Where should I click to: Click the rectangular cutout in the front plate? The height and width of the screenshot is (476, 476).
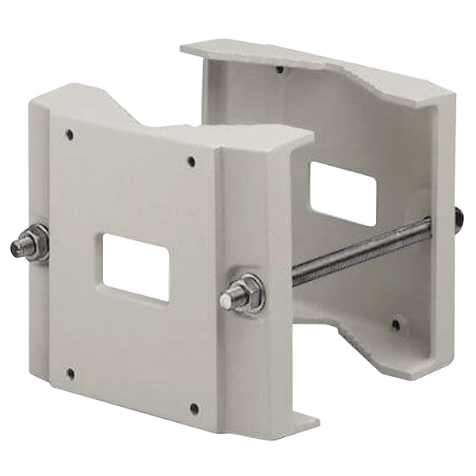[133, 267]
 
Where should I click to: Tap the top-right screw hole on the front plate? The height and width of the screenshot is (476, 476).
[190, 163]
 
